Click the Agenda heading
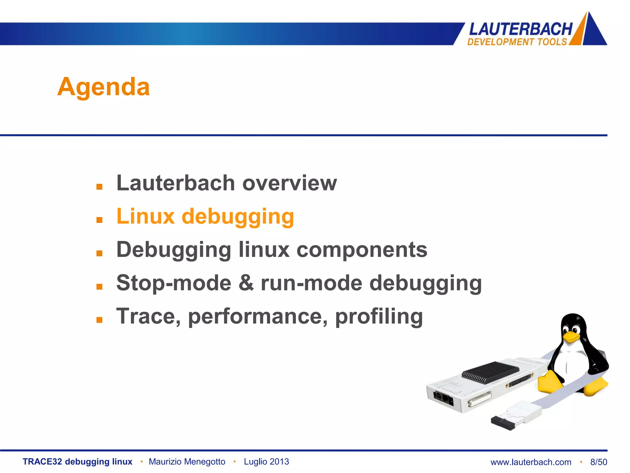click(x=104, y=87)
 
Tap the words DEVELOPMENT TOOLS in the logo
click(x=517, y=42)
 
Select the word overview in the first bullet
click(x=289, y=183)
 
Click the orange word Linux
click(x=146, y=216)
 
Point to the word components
click(x=362, y=249)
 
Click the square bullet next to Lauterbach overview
click(x=99, y=187)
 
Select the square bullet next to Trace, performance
click(x=99, y=320)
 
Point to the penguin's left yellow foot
click(x=550, y=382)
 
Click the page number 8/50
click(x=599, y=462)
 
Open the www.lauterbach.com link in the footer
click(x=531, y=462)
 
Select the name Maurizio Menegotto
click(x=187, y=462)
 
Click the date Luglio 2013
click(x=266, y=462)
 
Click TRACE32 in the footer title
click(x=42, y=462)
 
